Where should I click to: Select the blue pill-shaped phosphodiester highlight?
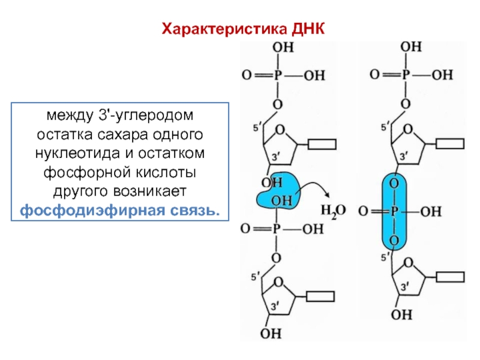(394, 212)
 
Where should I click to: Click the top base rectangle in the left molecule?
(322, 144)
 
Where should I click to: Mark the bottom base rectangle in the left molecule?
(322, 296)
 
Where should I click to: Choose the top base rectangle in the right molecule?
(450, 144)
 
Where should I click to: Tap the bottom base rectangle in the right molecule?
(450, 277)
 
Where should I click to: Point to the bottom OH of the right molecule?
(406, 314)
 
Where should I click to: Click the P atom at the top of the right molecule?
(406, 74)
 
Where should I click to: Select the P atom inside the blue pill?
(394, 212)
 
